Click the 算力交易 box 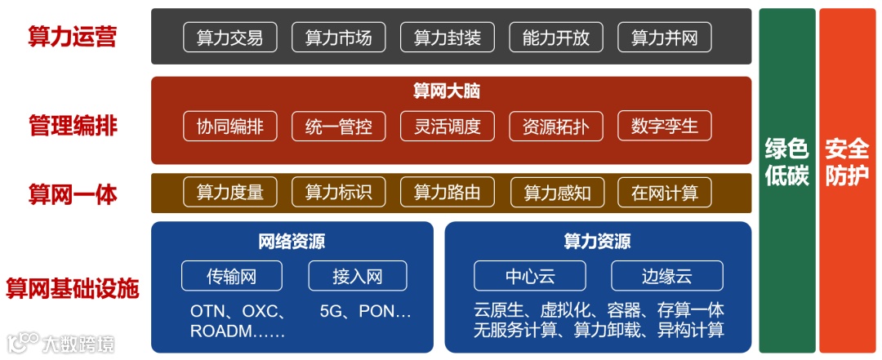click(x=229, y=38)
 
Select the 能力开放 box click(x=555, y=38)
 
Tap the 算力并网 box click(x=664, y=38)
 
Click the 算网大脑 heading click(x=447, y=91)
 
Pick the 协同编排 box click(x=229, y=127)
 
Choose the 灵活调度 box click(x=447, y=127)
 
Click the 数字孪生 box click(x=664, y=127)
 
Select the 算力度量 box click(x=229, y=193)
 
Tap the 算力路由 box click(x=447, y=193)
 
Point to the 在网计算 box click(x=664, y=193)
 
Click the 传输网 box click(x=232, y=276)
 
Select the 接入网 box click(x=357, y=276)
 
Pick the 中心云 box click(x=529, y=276)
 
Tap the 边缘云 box click(x=666, y=276)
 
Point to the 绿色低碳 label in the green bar click(x=786, y=162)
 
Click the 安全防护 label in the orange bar click(x=846, y=162)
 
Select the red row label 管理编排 click(x=73, y=126)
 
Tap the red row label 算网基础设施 click(x=73, y=288)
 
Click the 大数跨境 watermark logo click(x=61, y=343)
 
